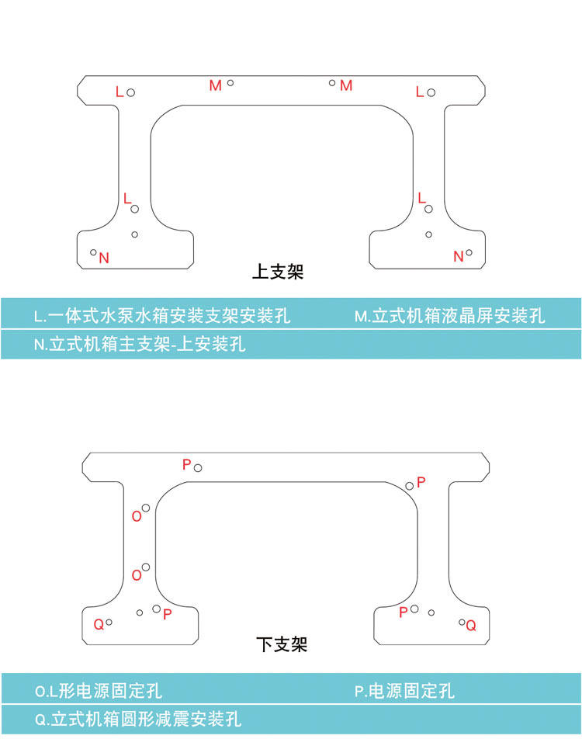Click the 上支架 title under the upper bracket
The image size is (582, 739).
[x=278, y=272]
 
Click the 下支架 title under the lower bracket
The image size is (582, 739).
[x=282, y=644]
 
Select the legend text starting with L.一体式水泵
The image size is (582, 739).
[x=162, y=316]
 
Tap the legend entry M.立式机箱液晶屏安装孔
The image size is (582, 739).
[x=449, y=316]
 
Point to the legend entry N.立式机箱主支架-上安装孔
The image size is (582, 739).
[x=140, y=344]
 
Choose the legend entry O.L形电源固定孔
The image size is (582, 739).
[x=99, y=690]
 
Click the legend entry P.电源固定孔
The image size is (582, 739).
[x=404, y=690]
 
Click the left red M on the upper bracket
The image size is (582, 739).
[x=215, y=85]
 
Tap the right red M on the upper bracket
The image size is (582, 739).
[x=346, y=85]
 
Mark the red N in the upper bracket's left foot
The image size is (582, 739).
[x=104, y=258]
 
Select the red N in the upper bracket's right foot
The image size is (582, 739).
[x=458, y=256]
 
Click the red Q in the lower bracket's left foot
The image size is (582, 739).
[x=99, y=624]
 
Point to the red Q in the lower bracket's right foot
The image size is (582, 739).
[x=471, y=625]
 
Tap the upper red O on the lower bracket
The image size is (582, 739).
[x=137, y=516]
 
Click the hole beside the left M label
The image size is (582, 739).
[x=230, y=82]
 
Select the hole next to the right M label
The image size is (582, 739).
[x=332, y=82]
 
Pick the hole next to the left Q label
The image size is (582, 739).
[x=109, y=622]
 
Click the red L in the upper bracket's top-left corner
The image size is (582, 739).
[x=120, y=92]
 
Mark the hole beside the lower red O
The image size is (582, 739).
[x=146, y=567]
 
